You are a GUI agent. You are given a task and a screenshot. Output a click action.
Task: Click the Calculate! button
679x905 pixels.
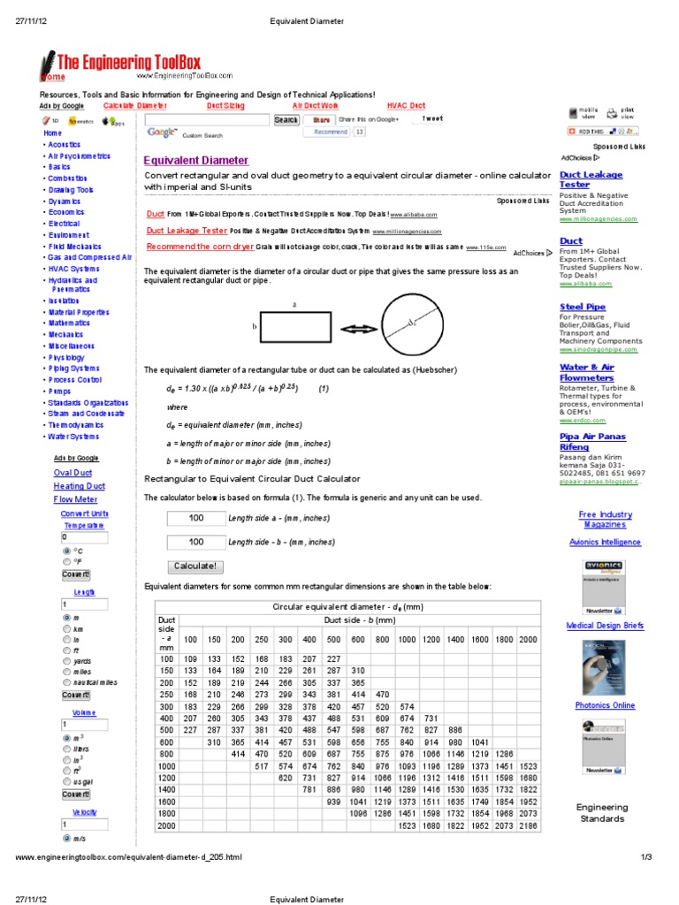195,567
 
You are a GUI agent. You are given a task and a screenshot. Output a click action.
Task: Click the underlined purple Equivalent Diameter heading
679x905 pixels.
195,161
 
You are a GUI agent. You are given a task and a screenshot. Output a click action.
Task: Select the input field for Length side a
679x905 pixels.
195,518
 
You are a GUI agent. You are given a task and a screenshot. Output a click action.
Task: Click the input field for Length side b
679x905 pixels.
195,542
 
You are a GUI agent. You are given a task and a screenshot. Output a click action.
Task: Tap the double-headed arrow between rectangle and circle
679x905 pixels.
358,329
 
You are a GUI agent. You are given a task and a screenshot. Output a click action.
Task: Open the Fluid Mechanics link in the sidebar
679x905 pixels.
74,247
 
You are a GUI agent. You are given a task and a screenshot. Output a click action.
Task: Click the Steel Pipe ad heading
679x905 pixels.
583,307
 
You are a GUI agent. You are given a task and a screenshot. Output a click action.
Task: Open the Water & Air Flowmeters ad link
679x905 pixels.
587,372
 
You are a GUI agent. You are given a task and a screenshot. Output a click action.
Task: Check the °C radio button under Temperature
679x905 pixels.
66,550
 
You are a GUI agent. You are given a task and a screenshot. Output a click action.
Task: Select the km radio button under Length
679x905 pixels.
66,628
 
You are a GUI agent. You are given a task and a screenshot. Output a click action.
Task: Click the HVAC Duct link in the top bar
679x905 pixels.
406,106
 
